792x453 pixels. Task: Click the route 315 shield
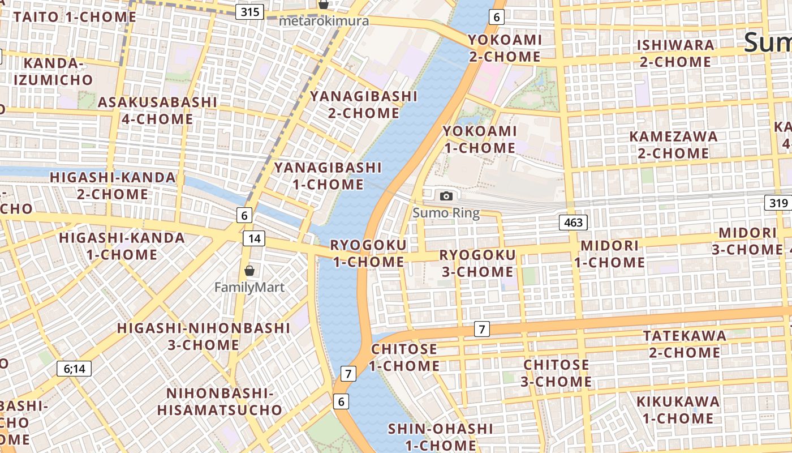click(250, 11)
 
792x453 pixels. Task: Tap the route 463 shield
click(573, 223)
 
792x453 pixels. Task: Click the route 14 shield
click(254, 238)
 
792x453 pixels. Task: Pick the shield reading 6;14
click(74, 369)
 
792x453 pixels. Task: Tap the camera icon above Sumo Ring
click(446, 196)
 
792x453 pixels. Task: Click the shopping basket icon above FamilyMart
click(249, 271)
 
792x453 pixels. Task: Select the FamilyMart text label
click(249, 288)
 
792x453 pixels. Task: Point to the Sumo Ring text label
click(446, 213)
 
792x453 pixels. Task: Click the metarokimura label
click(324, 22)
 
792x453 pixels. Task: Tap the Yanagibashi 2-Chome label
click(364, 105)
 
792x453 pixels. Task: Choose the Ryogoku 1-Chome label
click(368, 253)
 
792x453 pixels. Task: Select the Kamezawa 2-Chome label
click(673, 145)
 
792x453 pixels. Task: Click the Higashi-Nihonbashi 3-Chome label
click(204, 336)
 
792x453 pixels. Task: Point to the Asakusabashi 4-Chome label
click(157, 110)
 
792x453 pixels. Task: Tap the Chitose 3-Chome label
click(556, 373)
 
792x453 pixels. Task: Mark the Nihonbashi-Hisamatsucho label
click(219, 401)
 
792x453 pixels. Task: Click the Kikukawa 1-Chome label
click(678, 410)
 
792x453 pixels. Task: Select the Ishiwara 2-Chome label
click(675, 53)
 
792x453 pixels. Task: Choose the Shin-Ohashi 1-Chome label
click(440, 437)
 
